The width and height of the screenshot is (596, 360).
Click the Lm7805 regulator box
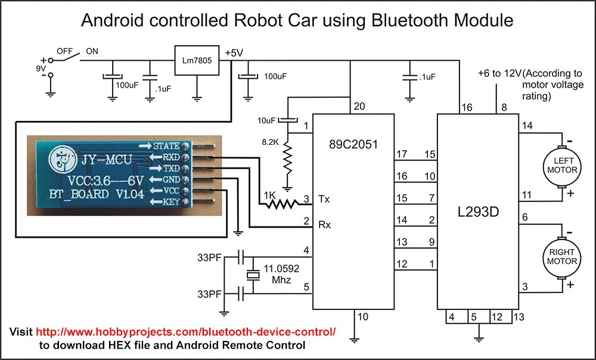click(x=196, y=60)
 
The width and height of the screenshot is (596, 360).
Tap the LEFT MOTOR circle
click(x=561, y=165)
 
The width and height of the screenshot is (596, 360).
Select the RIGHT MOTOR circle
click(x=561, y=257)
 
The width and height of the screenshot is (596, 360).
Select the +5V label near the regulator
click(x=234, y=52)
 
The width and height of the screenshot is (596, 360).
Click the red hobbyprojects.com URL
click(x=186, y=331)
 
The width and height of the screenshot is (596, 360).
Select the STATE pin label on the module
click(x=166, y=146)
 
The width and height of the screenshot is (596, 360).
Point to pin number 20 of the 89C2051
click(x=358, y=106)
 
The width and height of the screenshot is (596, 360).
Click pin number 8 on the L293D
click(x=504, y=107)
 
